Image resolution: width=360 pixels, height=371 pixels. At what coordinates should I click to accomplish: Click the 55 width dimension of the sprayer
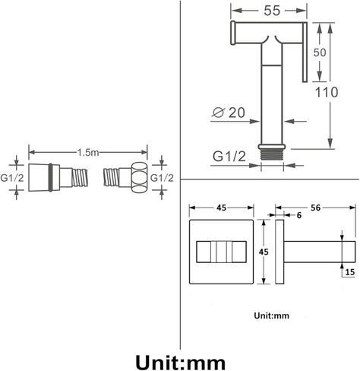pyautogui.click(x=272, y=11)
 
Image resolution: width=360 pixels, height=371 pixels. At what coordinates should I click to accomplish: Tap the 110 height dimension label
pyautogui.click(x=327, y=92)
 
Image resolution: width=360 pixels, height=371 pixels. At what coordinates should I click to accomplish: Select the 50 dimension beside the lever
pyautogui.click(x=320, y=52)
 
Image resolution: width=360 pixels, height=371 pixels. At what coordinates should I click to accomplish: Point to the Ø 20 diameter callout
pyautogui.click(x=229, y=113)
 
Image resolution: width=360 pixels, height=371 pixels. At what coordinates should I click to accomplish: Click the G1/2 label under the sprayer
pyautogui.click(x=229, y=157)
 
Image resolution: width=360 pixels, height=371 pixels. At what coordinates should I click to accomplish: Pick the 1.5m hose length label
pyautogui.click(x=88, y=153)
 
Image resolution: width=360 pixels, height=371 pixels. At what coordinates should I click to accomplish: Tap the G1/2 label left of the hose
pyautogui.click(x=12, y=178)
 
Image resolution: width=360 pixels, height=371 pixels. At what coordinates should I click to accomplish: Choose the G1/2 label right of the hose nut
pyautogui.click(x=162, y=178)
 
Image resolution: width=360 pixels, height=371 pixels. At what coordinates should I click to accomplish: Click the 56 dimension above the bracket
pyautogui.click(x=315, y=208)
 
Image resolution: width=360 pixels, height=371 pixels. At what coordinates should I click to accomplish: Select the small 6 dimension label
pyautogui.click(x=299, y=215)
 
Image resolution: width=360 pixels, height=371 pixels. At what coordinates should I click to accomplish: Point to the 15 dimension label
pyautogui.click(x=350, y=272)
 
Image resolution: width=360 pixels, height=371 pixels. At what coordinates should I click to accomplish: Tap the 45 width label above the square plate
pyautogui.click(x=221, y=208)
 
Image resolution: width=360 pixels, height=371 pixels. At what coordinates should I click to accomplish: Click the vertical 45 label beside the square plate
pyautogui.click(x=264, y=252)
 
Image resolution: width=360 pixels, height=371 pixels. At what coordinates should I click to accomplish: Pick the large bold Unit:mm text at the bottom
pyautogui.click(x=180, y=363)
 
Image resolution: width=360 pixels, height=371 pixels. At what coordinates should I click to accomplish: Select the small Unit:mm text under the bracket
pyautogui.click(x=271, y=316)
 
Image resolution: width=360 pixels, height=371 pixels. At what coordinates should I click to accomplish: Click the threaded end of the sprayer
pyautogui.click(x=272, y=154)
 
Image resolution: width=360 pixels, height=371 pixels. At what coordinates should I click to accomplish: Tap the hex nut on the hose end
pyautogui.click(x=139, y=178)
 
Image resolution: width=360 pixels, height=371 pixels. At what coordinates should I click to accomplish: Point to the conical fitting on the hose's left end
pyautogui.click(x=39, y=177)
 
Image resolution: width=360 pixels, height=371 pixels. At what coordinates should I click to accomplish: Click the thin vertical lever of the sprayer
pyautogui.click(x=305, y=52)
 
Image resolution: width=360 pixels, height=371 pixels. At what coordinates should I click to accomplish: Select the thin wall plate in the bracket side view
pyautogui.click(x=279, y=252)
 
